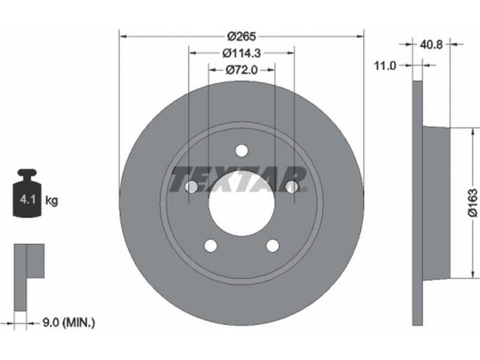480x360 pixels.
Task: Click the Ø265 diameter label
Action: coord(242,37)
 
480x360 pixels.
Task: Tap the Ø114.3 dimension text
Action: coord(242,53)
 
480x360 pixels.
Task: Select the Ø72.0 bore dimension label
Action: coord(242,70)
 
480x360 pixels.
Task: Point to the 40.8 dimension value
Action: coord(431,44)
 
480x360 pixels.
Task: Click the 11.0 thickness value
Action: coord(385,65)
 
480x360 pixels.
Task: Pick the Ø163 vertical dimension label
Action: coord(473,203)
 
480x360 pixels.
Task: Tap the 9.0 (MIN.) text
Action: coord(68,322)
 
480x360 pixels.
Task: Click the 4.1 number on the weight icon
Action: coord(28,200)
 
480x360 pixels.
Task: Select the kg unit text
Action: coord(52,201)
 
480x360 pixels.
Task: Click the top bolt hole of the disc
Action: coord(242,151)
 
